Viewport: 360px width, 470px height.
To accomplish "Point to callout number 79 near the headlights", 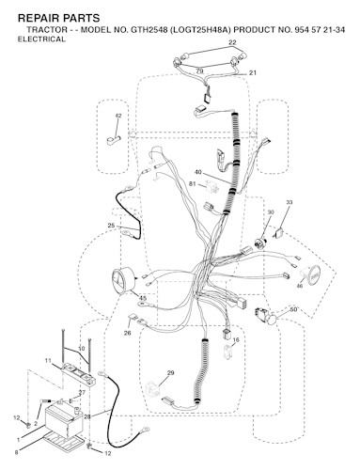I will tap(198, 71).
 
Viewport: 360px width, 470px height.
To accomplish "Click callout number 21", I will tap(253, 73).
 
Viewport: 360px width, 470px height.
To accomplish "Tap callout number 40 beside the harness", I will tap(197, 172).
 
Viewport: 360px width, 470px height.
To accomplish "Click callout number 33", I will tap(289, 203).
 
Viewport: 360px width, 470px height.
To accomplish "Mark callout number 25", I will tap(110, 226).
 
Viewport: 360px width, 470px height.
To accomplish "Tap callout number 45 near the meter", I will tap(142, 298).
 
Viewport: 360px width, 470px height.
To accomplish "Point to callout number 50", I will tap(292, 309).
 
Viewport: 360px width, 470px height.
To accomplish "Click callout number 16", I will tap(236, 339).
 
